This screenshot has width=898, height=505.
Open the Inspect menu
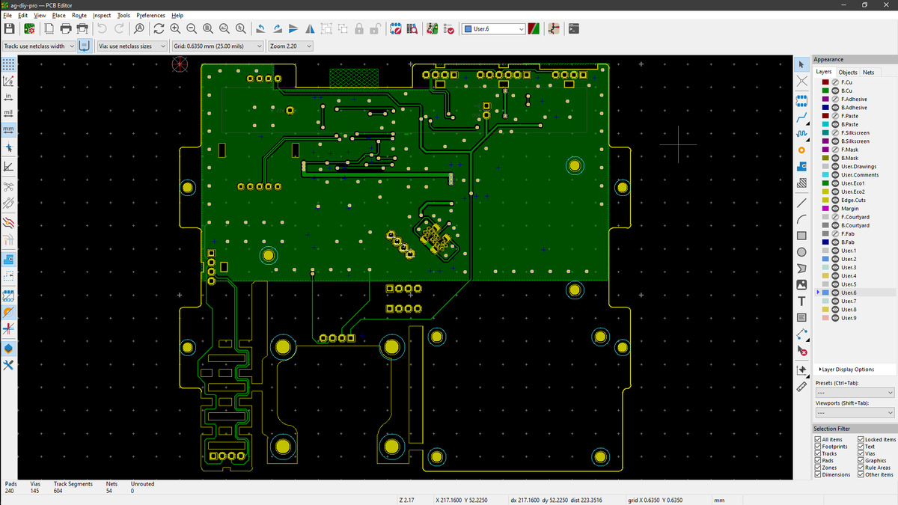tap(102, 15)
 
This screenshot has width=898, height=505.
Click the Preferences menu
tap(150, 15)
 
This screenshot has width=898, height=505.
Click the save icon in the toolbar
tap(9, 29)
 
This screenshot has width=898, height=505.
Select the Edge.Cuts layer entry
tap(853, 200)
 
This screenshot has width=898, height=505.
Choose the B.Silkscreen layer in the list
tap(855, 141)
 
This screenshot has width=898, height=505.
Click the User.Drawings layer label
tap(859, 166)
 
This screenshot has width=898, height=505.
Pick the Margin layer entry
tap(849, 209)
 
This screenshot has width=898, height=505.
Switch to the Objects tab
tap(847, 72)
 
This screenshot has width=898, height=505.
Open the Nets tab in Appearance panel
tap(868, 72)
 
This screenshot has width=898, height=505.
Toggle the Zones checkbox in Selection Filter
tap(818, 468)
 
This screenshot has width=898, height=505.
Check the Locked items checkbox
tap(861, 439)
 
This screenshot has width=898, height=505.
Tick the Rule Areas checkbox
tap(861, 468)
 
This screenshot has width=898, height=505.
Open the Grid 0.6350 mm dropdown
tap(217, 46)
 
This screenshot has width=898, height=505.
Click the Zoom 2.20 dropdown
tap(290, 46)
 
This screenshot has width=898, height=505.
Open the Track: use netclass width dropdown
tap(38, 46)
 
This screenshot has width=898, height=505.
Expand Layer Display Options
tap(846, 370)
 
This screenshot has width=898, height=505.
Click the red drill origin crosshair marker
tap(180, 64)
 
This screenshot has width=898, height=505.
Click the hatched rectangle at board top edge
tap(354, 78)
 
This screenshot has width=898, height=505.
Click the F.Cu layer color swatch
tap(825, 82)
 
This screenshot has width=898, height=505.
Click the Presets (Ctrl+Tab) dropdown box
tap(855, 392)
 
